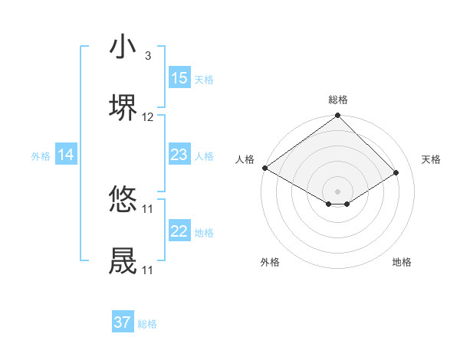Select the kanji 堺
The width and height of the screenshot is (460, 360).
pos(123,107)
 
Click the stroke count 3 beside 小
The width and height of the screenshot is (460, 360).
pos(148,56)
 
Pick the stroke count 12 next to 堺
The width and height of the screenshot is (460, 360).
pos(148,117)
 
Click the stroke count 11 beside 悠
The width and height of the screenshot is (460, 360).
pos(148,208)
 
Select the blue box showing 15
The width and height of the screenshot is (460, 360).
pos(179,78)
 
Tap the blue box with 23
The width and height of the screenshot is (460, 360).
pos(179,155)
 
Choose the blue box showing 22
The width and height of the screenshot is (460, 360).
pos(179,231)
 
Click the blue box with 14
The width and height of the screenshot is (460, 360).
pos(66,155)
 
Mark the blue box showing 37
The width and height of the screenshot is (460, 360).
pos(123,322)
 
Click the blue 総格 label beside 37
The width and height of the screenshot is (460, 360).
pos(147,324)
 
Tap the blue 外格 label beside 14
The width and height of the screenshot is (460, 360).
pos(41,156)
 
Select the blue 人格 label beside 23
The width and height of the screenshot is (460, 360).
pos(204,156)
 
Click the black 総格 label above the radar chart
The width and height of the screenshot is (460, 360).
pos(338,100)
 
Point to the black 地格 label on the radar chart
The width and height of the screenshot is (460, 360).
pos(402,263)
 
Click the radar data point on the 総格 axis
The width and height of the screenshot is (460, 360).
pos(337,116)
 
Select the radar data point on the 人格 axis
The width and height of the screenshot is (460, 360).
pos(264,168)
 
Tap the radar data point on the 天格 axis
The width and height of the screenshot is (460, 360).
pos(396,173)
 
